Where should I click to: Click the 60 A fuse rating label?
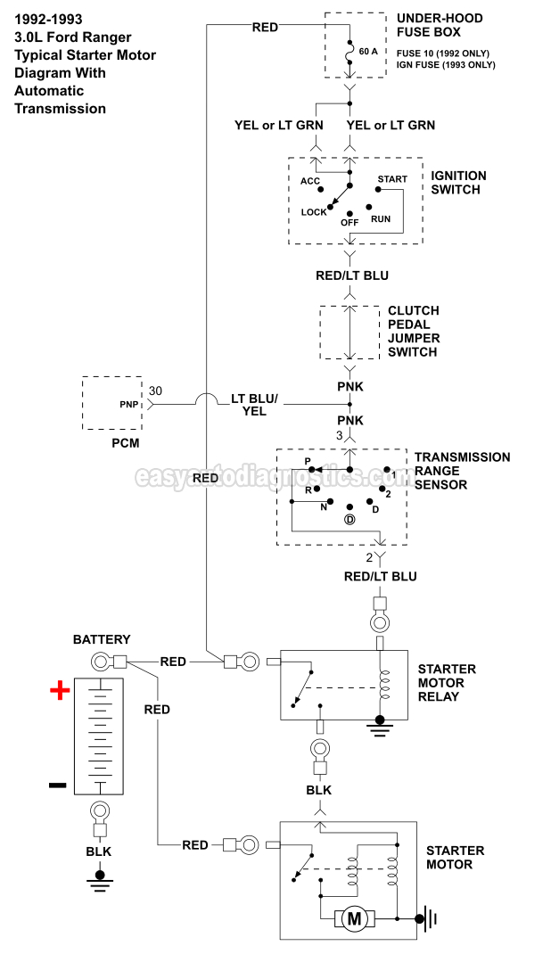(369, 52)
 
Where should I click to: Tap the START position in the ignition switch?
(392, 179)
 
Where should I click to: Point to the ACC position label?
(310, 182)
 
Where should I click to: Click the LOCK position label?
(314, 212)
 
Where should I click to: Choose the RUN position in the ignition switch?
(381, 218)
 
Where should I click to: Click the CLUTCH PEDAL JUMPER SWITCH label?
(413, 332)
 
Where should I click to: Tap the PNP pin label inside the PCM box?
(128, 404)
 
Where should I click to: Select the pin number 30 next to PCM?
(155, 391)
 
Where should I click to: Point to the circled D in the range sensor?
(350, 520)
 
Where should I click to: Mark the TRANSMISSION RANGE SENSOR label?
(462, 471)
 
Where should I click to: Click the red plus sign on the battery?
(60, 691)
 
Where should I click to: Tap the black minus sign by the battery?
(57, 785)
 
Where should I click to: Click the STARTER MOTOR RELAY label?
(446, 682)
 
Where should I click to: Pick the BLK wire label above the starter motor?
(318, 790)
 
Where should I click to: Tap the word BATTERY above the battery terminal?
(102, 639)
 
